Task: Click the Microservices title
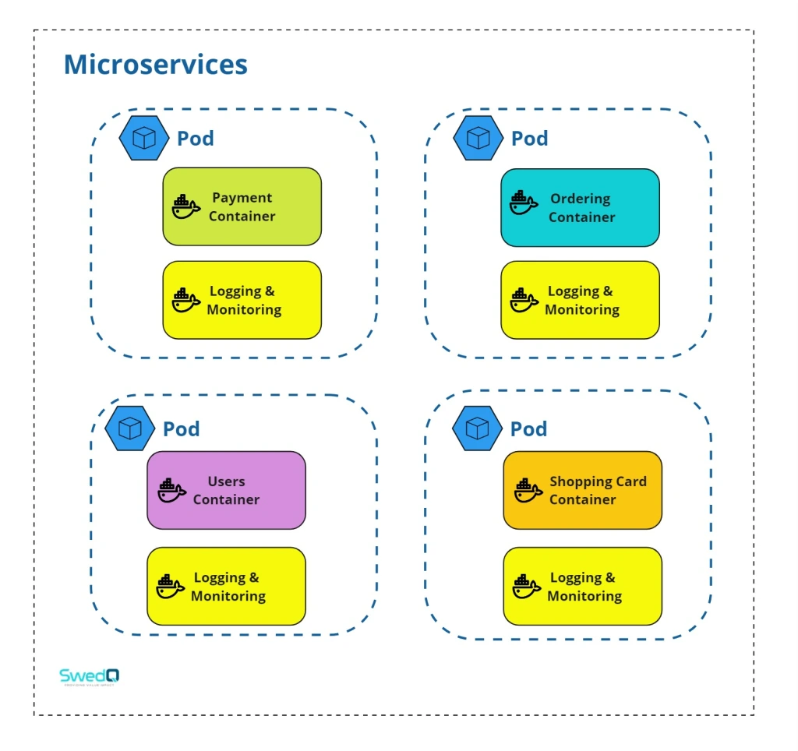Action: click(x=155, y=65)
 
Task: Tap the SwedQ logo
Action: click(x=90, y=676)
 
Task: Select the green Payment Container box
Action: click(x=242, y=206)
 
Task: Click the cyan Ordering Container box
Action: click(x=580, y=208)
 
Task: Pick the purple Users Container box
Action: click(x=226, y=490)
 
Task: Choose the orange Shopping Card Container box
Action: click(x=582, y=490)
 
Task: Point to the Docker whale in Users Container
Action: click(x=171, y=491)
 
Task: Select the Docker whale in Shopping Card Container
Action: click(x=528, y=491)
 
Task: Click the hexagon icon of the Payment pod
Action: click(x=144, y=138)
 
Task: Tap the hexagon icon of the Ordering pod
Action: click(x=478, y=138)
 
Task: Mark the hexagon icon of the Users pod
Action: click(x=129, y=428)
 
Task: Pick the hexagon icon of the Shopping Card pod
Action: click(x=477, y=428)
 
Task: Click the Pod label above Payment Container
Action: click(x=195, y=139)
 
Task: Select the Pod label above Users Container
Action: click(x=181, y=429)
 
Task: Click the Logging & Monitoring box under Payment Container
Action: click(x=242, y=300)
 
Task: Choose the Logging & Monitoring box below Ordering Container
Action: click(x=580, y=300)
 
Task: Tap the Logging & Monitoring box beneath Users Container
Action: click(x=226, y=586)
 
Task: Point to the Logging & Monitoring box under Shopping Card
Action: click(x=582, y=586)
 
